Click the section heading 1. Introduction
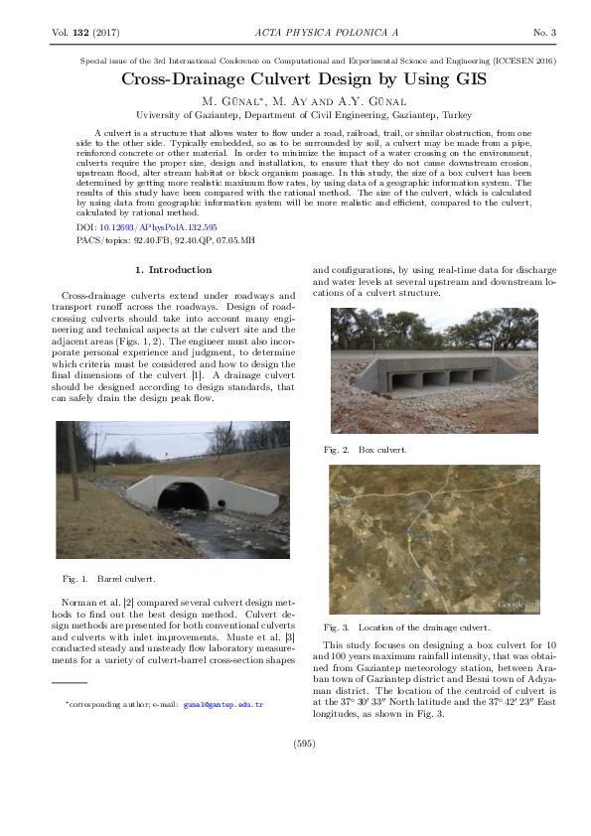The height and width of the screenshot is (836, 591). pos(173,269)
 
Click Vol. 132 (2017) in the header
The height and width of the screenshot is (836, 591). pos(84,33)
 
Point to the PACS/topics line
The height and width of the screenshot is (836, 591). pos(166,240)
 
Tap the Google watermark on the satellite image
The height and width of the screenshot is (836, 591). pos(516,604)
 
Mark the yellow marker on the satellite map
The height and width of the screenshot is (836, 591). pos(408,533)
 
